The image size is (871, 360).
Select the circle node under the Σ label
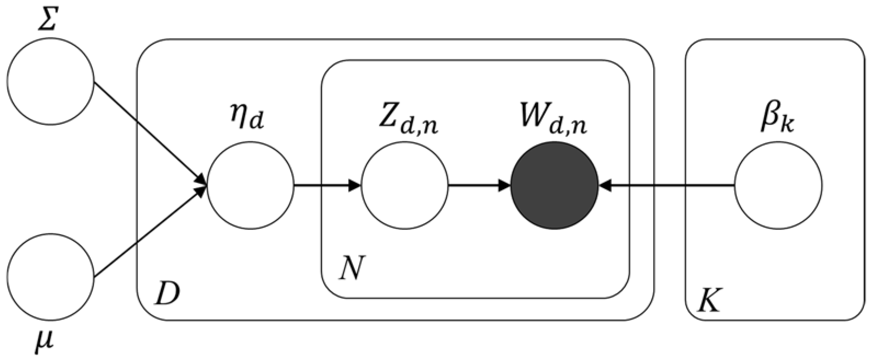tap(50, 81)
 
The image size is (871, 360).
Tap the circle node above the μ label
tap(50, 276)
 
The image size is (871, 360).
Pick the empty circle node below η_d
tap(251, 185)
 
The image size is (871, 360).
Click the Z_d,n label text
tap(408, 122)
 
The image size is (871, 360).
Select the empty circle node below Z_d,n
tap(405, 185)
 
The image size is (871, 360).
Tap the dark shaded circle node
tap(555, 185)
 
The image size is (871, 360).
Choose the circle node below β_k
tap(778, 185)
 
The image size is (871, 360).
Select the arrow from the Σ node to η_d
tap(149, 132)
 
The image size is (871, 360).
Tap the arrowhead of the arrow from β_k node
tap(605, 185)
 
